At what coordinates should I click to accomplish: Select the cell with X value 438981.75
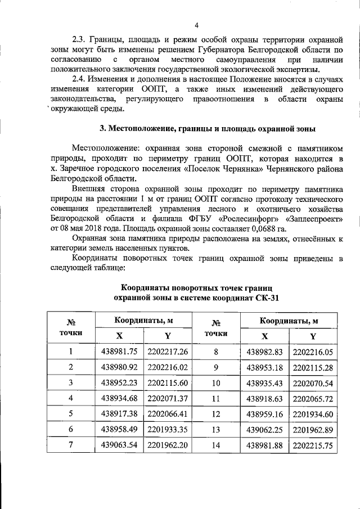[118, 352]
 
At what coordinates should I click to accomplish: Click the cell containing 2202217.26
[167, 352]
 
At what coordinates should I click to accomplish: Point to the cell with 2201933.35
[167, 429]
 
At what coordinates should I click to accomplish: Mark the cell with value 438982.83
[264, 352]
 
